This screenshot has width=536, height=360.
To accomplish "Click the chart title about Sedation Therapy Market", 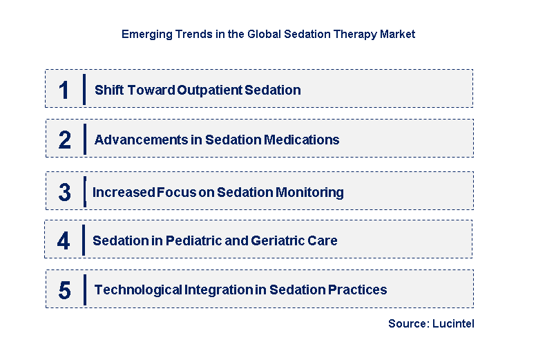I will pyautogui.click(x=268, y=34).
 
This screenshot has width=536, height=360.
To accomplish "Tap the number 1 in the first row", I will pyautogui.click(x=64, y=91).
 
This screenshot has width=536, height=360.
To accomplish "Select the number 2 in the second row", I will pyautogui.click(x=64, y=140).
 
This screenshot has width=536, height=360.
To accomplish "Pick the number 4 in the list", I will pyautogui.click(x=64, y=241).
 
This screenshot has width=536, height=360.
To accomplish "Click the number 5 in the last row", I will pyautogui.click(x=64, y=290).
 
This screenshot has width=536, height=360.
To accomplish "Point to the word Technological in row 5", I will pyautogui.click(x=138, y=290).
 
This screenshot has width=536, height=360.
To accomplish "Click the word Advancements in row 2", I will pyautogui.click(x=140, y=140).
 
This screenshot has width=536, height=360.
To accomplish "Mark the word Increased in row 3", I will pyautogui.click(x=122, y=192).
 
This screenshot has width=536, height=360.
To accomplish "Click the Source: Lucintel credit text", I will pyautogui.click(x=431, y=323).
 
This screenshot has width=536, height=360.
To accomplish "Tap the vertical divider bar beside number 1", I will pyautogui.click(x=84, y=89).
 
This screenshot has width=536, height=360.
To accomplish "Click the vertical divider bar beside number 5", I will pyautogui.click(x=84, y=290).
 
